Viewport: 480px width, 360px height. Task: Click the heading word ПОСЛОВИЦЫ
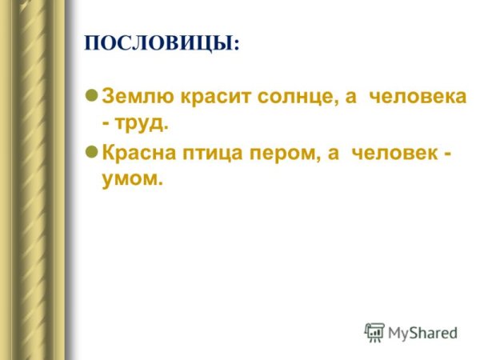click(159, 44)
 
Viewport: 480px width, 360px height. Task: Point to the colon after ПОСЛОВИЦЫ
click(237, 46)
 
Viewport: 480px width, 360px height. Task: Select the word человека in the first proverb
click(417, 98)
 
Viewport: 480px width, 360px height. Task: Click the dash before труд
click(106, 124)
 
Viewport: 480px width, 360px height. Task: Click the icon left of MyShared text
click(374, 332)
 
